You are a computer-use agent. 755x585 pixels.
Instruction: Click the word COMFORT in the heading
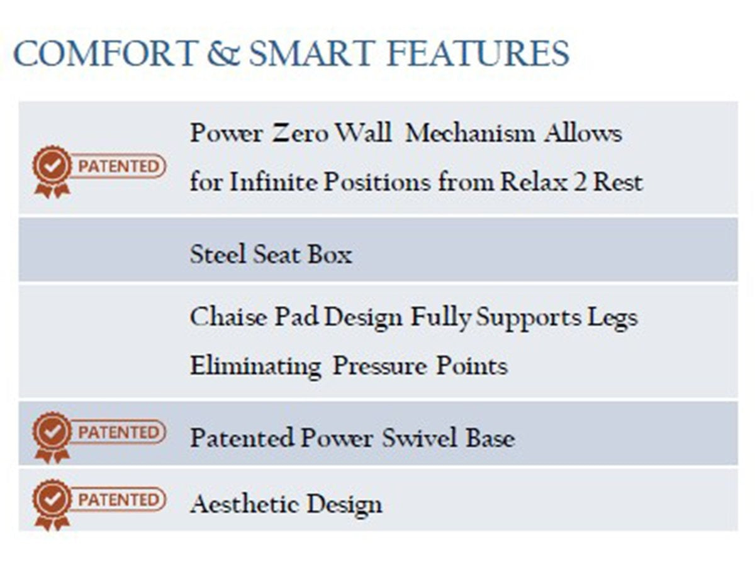[x=106, y=53]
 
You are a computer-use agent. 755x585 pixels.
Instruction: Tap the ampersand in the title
[x=223, y=53]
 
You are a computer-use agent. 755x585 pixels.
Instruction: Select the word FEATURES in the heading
[x=478, y=53]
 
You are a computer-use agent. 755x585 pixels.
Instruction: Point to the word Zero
[x=300, y=133]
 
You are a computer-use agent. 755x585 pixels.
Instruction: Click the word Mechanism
[x=470, y=133]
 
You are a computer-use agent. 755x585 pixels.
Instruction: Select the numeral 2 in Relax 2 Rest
[x=580, y=182]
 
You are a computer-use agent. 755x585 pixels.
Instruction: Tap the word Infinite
[x=274, y=182]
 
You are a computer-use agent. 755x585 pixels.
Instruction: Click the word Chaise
[x=228, y=317]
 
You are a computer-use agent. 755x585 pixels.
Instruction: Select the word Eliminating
[x=255, y=367]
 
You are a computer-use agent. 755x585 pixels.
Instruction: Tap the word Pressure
[x=379, y=366]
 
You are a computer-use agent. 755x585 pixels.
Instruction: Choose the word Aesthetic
[x=244, y=503]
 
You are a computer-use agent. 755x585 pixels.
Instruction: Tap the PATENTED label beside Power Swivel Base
[x=118, y=433]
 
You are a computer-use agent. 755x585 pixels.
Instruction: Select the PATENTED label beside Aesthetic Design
[x=118, y=500]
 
